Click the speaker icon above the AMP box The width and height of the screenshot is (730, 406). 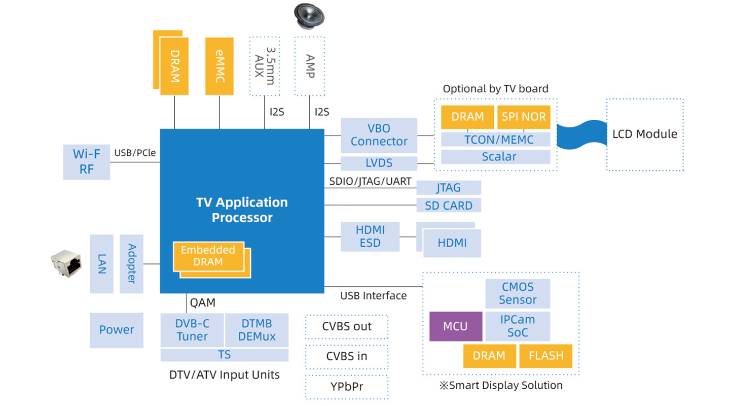pyautogui.click(x=309, y=16)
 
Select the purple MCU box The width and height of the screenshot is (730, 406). pyautogui.click(x=456, y=326)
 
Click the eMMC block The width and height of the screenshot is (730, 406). pyautogui.click(x=220, y=66)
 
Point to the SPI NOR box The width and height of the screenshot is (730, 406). pyautogui.click(x=523, y=117)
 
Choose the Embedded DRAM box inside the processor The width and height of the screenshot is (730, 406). pyautogui.click(x=208, y=256)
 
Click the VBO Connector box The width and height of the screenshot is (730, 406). pyautogui.click(x=379, y=135)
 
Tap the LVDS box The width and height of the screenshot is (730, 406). pyautogui.click(x=379, y=163)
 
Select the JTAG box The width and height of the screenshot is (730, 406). pyautogui.click(x=449, y=188)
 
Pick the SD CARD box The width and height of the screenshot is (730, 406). pyautogui.click(x=449, y=206)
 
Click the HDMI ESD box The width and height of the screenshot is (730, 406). pyautogui.click(x=370, y=236)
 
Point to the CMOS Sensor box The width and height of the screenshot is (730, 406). pyautogui.click(x=518, y=293)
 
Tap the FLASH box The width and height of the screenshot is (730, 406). pyautogui.click(x=545, y=356)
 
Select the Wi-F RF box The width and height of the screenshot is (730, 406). pyautogui.click(x=86, y=162)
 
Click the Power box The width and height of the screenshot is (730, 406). pyautogui.click(x=117, y=330)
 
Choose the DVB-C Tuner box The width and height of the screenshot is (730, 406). pyautogui.click(x=192, y=330)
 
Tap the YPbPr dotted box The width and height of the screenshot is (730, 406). pyautogui.click(x=347, y=387)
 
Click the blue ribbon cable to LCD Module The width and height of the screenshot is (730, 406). pyautogui.click(x=582, y=135)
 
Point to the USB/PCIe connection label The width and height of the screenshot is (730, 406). pyautogui.click(x=135, y=153)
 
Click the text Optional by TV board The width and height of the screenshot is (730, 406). pyautogui.click(x=495, y=89)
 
